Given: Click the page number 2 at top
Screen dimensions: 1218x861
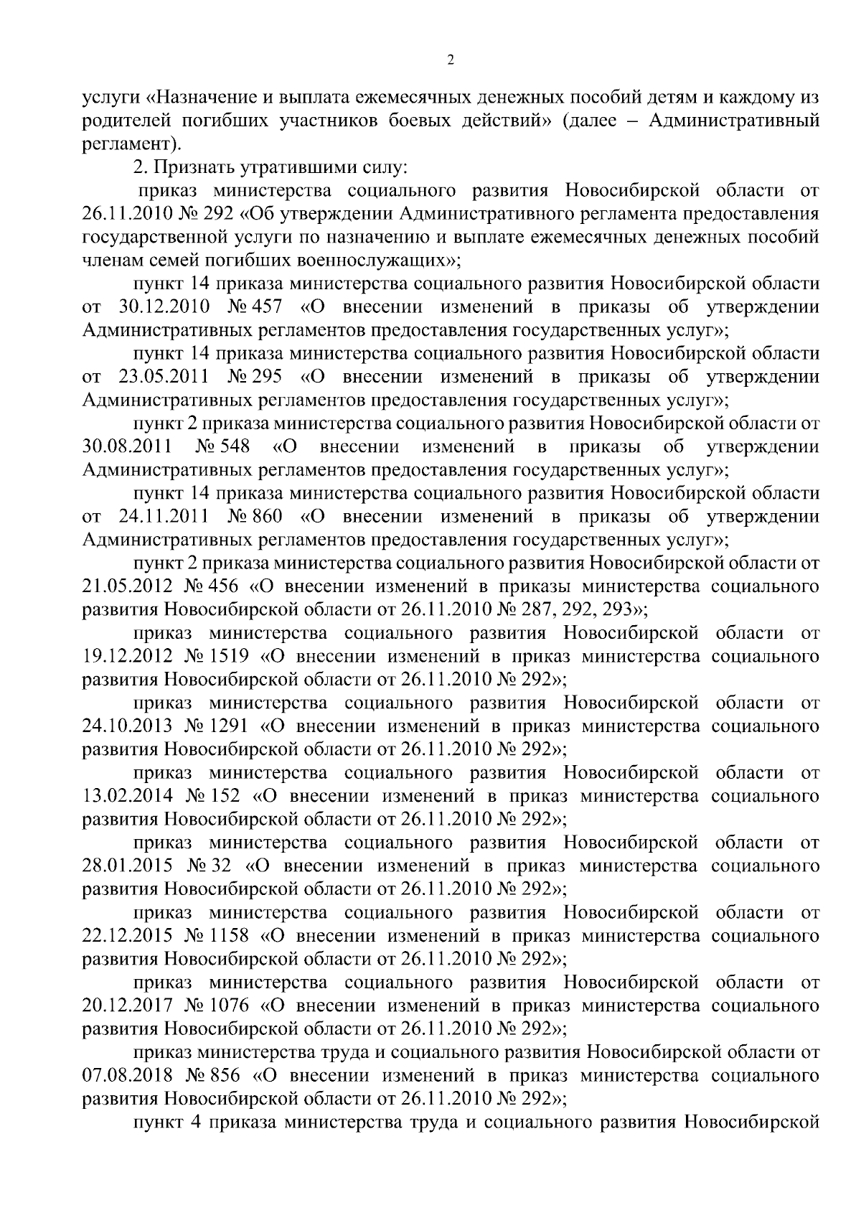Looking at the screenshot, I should coord(450,61).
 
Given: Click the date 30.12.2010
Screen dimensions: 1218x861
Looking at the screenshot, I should coord(161,307).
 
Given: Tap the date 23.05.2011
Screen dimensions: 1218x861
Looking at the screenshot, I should coord(161,377).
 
